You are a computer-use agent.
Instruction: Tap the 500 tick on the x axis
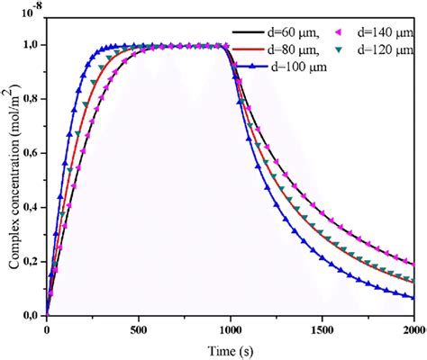pos(139,329)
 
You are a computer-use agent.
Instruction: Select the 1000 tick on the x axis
pos(231,329)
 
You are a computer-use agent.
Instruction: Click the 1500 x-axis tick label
pos(323,329)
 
